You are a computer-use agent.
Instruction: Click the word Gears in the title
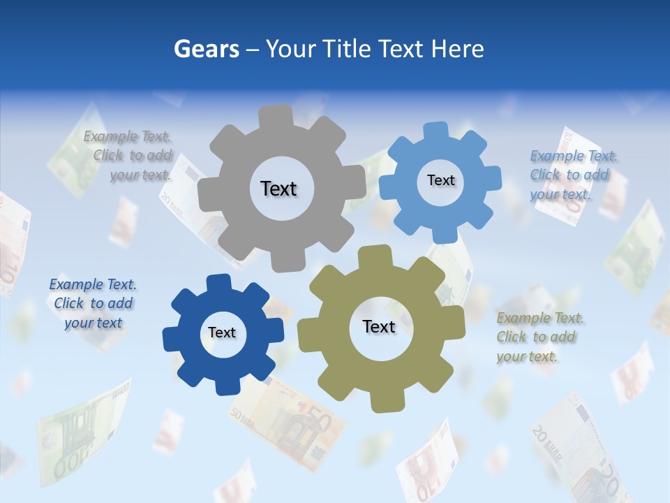tap(206, 50)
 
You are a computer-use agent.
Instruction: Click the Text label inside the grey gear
tap(278, 189)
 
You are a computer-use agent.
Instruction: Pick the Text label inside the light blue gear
tap(440, 180)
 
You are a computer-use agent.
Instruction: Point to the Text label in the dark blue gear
tap(222, 333)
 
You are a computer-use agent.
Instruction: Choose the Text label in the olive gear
tap(379, 326)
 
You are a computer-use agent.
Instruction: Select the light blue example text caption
tap(572, 175)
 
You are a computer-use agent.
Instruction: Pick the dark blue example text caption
tap(93, 303)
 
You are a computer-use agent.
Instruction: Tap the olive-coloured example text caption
tap(539, 337)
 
